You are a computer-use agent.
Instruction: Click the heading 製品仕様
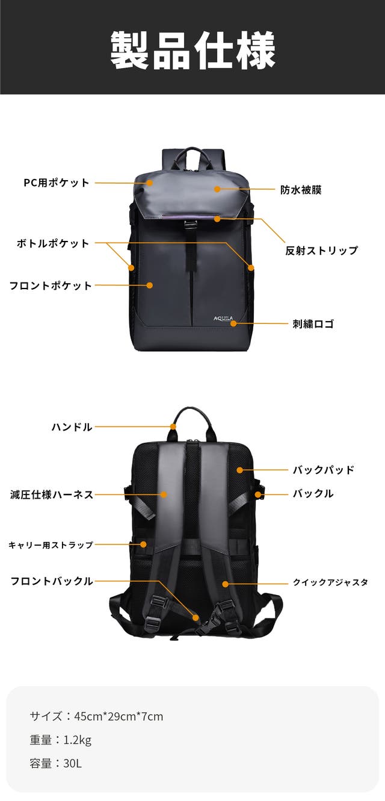192,50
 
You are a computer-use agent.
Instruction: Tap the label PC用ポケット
57,182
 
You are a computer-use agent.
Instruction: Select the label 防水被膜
301,190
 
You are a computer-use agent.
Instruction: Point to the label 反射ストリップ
321,251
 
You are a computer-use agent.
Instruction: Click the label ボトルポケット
53,243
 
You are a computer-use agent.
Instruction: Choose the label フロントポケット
51,285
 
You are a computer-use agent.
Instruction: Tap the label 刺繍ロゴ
313,323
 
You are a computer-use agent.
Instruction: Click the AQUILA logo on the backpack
223,319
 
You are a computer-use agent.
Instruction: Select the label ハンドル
72,426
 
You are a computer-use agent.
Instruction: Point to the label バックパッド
324,470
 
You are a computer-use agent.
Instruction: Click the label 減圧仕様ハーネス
52,494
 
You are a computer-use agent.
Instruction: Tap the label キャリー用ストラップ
51,544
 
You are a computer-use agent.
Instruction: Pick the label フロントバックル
52,581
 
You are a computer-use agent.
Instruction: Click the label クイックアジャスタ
330,582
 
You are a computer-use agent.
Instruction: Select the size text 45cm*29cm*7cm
119,716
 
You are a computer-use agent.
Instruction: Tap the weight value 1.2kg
78,740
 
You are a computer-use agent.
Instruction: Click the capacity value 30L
73,764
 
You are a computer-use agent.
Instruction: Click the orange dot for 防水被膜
217,189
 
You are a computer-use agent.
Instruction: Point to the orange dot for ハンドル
173,426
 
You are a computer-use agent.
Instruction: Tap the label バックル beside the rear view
313,493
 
